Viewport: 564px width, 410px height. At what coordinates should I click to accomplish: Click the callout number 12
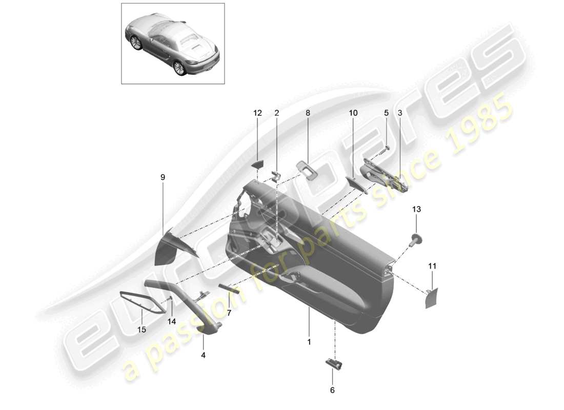click(x=257, y=113)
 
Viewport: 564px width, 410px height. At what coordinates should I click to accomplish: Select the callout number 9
click(x=163, y=177)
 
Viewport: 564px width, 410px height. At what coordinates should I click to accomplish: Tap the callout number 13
click(x=416, y=209)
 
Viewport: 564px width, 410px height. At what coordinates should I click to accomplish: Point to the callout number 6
click(x=332, y=390)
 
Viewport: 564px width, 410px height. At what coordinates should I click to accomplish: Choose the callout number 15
click(x=141, y=330)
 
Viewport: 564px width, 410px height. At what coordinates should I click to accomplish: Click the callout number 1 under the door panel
click(x=309, y=341)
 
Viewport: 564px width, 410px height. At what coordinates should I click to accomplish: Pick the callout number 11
click(x=432, y=266)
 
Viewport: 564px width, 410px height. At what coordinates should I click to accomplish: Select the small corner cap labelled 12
click(x=257, y=164)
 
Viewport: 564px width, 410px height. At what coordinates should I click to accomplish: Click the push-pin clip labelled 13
click(x=416, y=238)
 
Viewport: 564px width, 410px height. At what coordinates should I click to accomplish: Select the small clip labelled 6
click(x=334, y=363)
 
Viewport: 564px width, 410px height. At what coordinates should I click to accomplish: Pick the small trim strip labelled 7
click(x=229, y=288)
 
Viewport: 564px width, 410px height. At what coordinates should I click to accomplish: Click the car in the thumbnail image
click(x=172, y=45)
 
